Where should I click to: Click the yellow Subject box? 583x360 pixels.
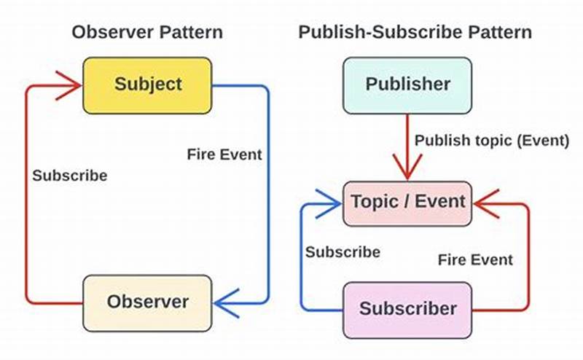[147, 85]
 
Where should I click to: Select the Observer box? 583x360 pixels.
[147, 301]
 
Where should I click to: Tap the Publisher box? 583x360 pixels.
[407, 85]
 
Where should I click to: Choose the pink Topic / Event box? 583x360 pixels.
[407, 202]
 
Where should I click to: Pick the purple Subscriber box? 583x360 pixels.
[407, 309]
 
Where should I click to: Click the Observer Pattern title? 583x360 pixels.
[146, 33]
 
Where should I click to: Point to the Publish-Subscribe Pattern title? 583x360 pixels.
[415, 33]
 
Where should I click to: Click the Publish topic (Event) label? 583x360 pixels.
[491, 141]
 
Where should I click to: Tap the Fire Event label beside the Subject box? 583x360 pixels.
[224, 154]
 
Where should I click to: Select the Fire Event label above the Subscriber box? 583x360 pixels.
[475, 259]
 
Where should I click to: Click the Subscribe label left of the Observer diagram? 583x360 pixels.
[69, 176]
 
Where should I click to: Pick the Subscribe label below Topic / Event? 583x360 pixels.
[343, 252]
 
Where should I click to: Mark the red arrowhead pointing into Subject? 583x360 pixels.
[71, 86]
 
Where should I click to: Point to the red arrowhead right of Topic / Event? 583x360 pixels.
[486, 202]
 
